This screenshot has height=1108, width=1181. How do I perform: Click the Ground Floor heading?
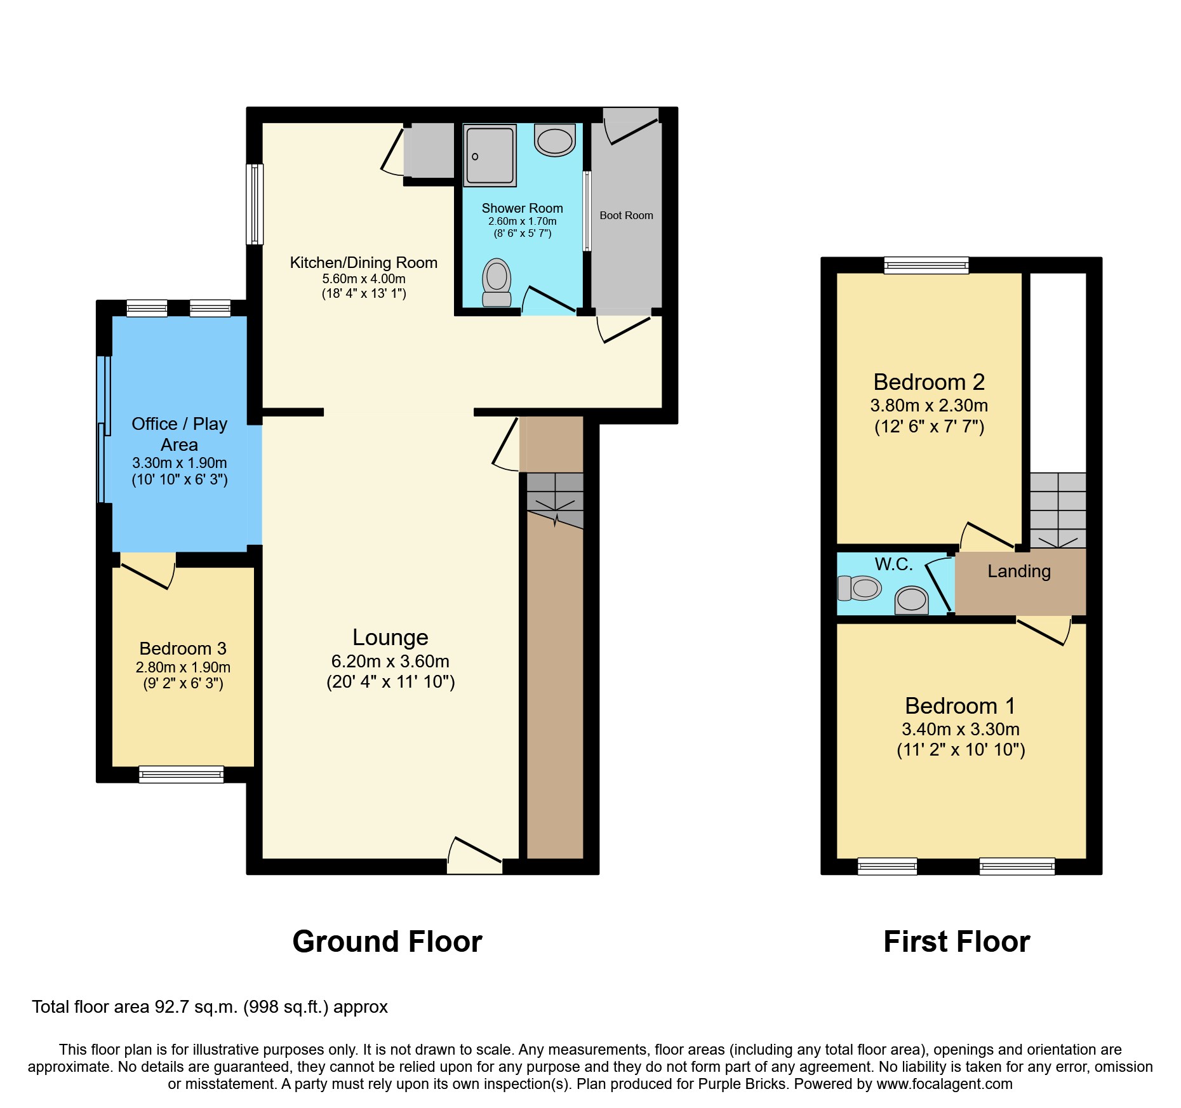click(x=387, y=942)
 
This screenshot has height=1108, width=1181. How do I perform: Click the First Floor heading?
click(x=956, y=942)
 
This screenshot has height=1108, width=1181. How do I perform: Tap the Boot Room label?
click(x=626, y=216)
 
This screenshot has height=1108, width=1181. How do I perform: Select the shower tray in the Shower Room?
click(x=490, y=156)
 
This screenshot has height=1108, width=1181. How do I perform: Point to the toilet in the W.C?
click(x=860, y=588)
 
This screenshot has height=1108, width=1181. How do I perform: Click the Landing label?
click(x=1019, y=571)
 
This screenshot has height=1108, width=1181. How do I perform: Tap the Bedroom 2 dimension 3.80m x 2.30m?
click(x=929, y=406)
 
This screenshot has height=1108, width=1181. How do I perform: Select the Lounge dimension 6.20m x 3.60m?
click(x=390, y=662)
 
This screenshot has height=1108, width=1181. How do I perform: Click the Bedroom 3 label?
click(x=183, y=649)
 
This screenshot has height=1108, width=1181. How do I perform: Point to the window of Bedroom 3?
click(x=182, y=774)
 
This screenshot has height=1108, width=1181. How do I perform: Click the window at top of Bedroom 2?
click(x=926, y=265)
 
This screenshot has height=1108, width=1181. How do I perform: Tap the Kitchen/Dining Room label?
click(x=364, y=263)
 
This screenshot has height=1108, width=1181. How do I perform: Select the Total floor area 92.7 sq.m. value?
click(x=210, y=1007)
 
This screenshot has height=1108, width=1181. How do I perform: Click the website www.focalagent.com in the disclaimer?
click(x=944, y=1085)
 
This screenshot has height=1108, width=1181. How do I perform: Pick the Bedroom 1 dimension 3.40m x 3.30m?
click(x=961, y=730)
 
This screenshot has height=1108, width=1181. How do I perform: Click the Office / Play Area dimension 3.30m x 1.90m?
click(x=180, y=464)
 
